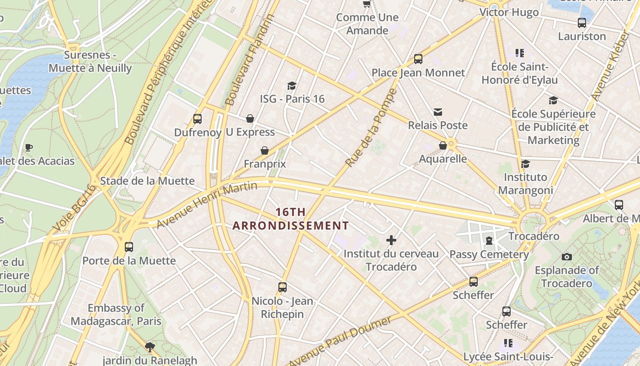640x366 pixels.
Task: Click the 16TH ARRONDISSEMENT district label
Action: pos(291,219)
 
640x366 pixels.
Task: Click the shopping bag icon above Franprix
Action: pos(264,151)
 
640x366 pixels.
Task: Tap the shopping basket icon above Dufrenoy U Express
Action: pos(250,119)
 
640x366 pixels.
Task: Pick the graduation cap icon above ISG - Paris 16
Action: pos(292,86)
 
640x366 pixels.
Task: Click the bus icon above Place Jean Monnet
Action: pos(418,59)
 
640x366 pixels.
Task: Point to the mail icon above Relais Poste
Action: pos(438,112)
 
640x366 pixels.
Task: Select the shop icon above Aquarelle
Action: pos(443,145)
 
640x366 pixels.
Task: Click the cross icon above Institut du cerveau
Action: pos(391,240)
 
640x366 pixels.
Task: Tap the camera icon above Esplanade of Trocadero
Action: pos(567,257)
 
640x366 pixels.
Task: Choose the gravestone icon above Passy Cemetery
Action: pos(489,241)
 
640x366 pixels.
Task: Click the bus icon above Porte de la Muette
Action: pos(129,247)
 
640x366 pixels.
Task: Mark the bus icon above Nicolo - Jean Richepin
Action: pos(283,287)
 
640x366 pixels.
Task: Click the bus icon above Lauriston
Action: pos(582,23)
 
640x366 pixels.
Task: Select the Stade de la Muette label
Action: pos(147,181)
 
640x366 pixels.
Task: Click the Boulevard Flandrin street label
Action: pos(250,59)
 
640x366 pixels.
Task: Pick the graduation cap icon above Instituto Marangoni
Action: pos(525,164)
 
